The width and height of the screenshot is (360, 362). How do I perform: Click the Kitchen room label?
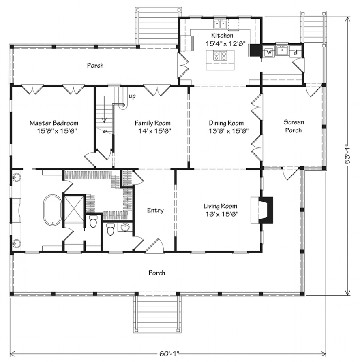[x=222, y=36]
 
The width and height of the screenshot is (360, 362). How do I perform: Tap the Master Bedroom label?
[x=54, y=123]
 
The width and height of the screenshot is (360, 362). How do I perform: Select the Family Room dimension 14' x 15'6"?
[x=154, y=131]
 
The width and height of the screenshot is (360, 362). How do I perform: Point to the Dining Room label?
[x=226, y=123]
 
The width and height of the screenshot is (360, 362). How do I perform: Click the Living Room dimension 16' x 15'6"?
[x=221, y=214]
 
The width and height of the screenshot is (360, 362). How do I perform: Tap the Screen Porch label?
[x=294, y=126]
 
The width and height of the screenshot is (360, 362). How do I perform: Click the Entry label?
[x=155, y=210]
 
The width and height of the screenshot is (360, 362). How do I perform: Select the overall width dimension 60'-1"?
[x=169, y=353]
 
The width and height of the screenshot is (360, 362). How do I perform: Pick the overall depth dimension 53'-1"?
[x=347, y=154]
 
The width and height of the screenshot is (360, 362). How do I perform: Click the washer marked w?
[x=269, y=52]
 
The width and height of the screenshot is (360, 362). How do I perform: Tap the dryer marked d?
[x=296, y=52]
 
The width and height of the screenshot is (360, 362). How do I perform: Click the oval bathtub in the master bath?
[x=53, y=210]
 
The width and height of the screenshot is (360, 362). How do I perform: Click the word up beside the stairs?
[x=132, y=96]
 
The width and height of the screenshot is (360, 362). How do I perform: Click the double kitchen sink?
[x=220, y=24]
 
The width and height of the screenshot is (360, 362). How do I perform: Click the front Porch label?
[x=157, y=273]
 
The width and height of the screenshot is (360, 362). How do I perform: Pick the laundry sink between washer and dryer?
[x=282, y=50]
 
